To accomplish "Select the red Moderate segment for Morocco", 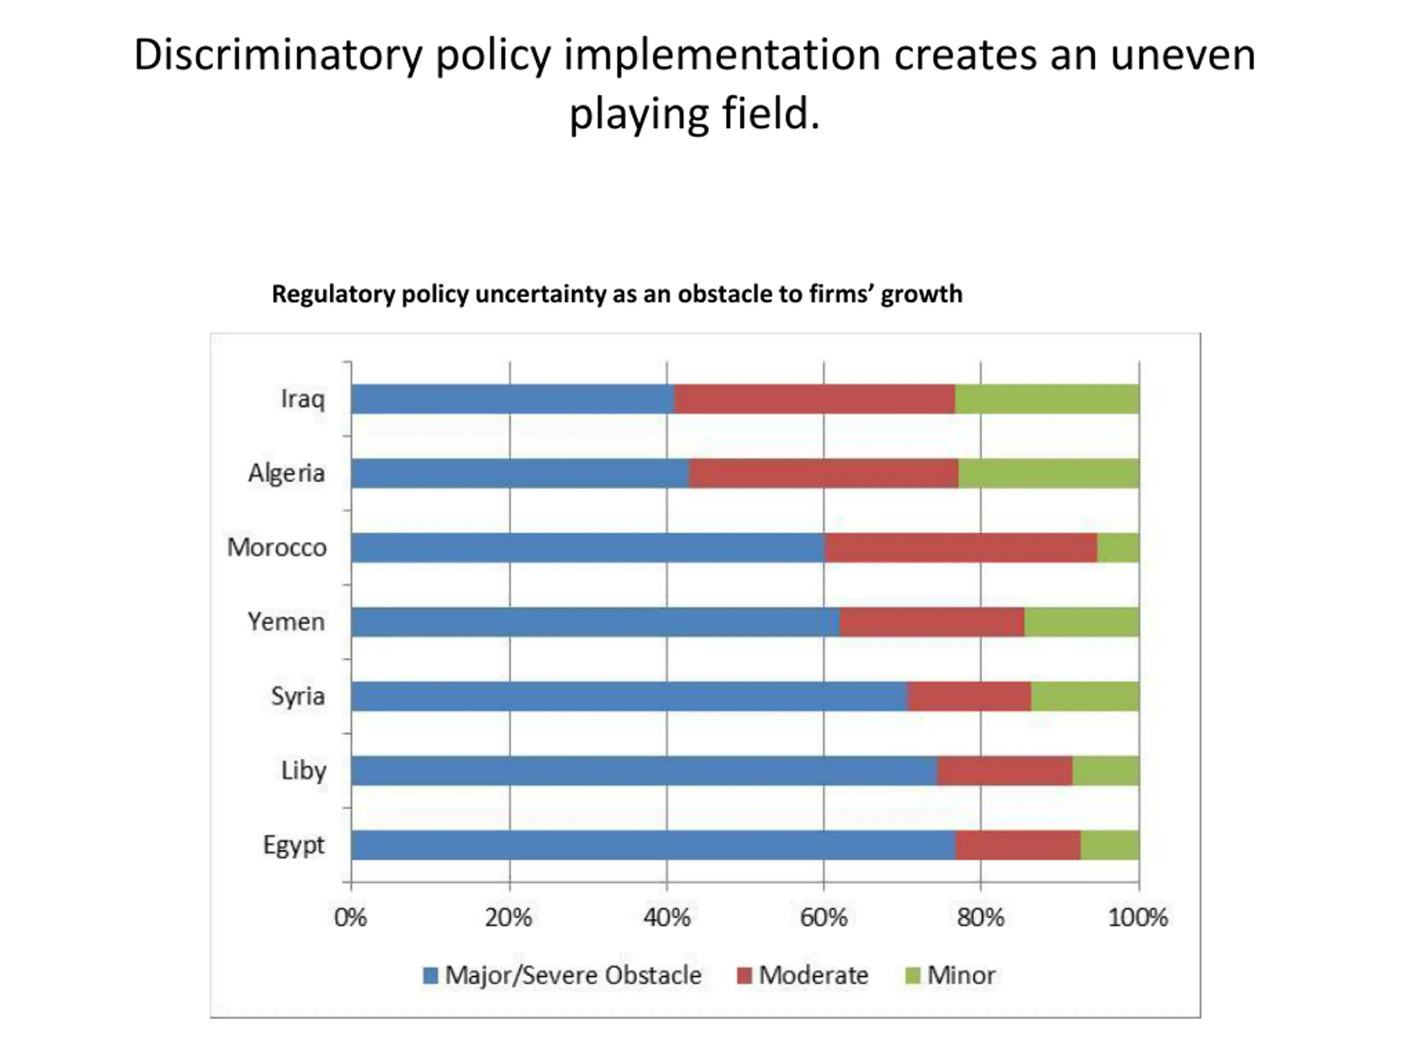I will click(x=961, y=548).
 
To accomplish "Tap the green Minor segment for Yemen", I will click(x=1081, y=622).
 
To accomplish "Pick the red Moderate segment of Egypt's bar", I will click(x=1017, y=845).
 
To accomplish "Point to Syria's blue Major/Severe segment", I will click(x=629, y=696).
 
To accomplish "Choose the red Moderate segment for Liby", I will click(x=1004, y=771).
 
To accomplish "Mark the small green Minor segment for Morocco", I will click(x=1118, y=548).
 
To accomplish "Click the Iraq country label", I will click(x=303, y=399).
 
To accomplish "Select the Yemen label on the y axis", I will click(x=286, y=622).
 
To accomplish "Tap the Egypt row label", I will click(x=294, y=845).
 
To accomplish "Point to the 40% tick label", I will click(x=667, y=918).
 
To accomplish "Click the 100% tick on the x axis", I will click(x=1138, y=918).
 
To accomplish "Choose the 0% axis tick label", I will click(x=350, y=918).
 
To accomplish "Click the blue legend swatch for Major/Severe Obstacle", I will click(x=430, y=976).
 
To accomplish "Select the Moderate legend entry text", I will click(x=813, y=976).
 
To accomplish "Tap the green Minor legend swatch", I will click(x=913, y=976).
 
